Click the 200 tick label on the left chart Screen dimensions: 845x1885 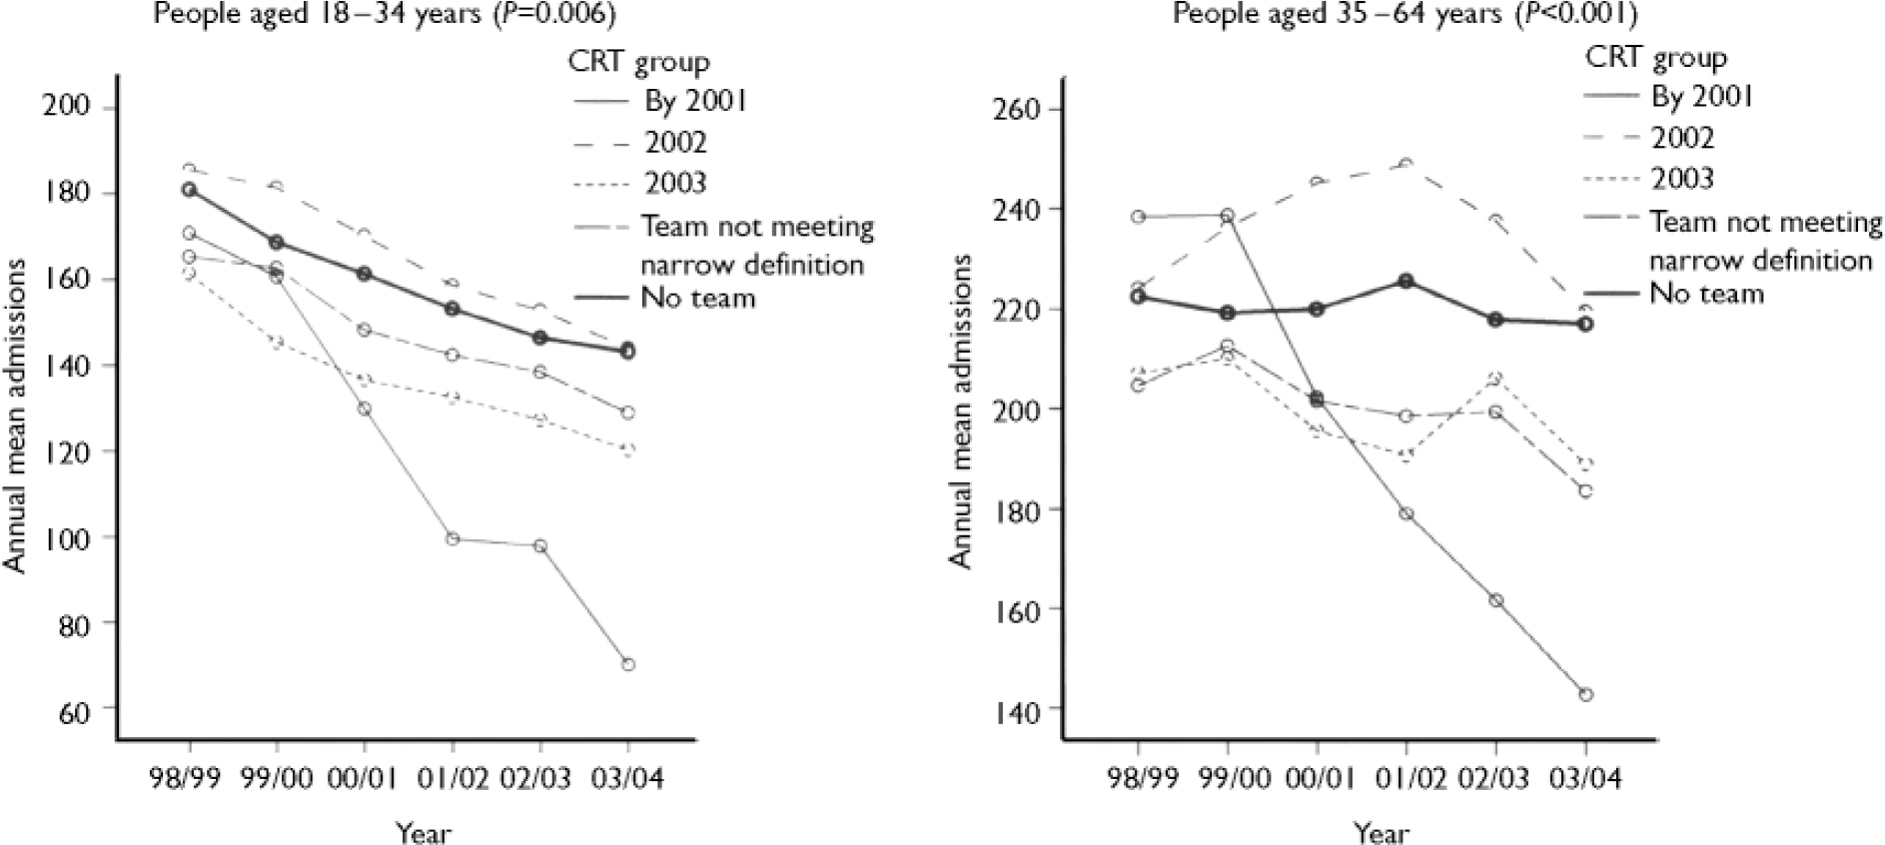coord(66,107)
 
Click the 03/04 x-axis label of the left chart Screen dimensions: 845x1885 coord(627,779)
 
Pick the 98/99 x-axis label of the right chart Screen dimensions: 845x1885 coord(1137,779)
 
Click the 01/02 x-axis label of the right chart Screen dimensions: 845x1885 coord(1407,779)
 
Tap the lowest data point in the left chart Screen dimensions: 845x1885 coord(628,664)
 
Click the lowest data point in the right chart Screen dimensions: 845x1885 coord(1585,694)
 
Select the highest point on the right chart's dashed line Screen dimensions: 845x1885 coord(1407,164)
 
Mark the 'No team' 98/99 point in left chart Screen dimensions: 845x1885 coord(190,189)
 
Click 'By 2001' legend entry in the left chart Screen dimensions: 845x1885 coord(696,101)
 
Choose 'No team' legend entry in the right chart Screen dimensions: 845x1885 coord(1707,294)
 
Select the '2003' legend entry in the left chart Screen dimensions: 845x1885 coord(675,183)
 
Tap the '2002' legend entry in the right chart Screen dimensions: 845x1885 coord(1682,138)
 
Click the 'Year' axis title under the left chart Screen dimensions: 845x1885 coord(424,831)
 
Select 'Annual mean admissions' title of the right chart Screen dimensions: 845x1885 coord(960,411)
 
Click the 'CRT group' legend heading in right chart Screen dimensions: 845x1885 coord(1656,57)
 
